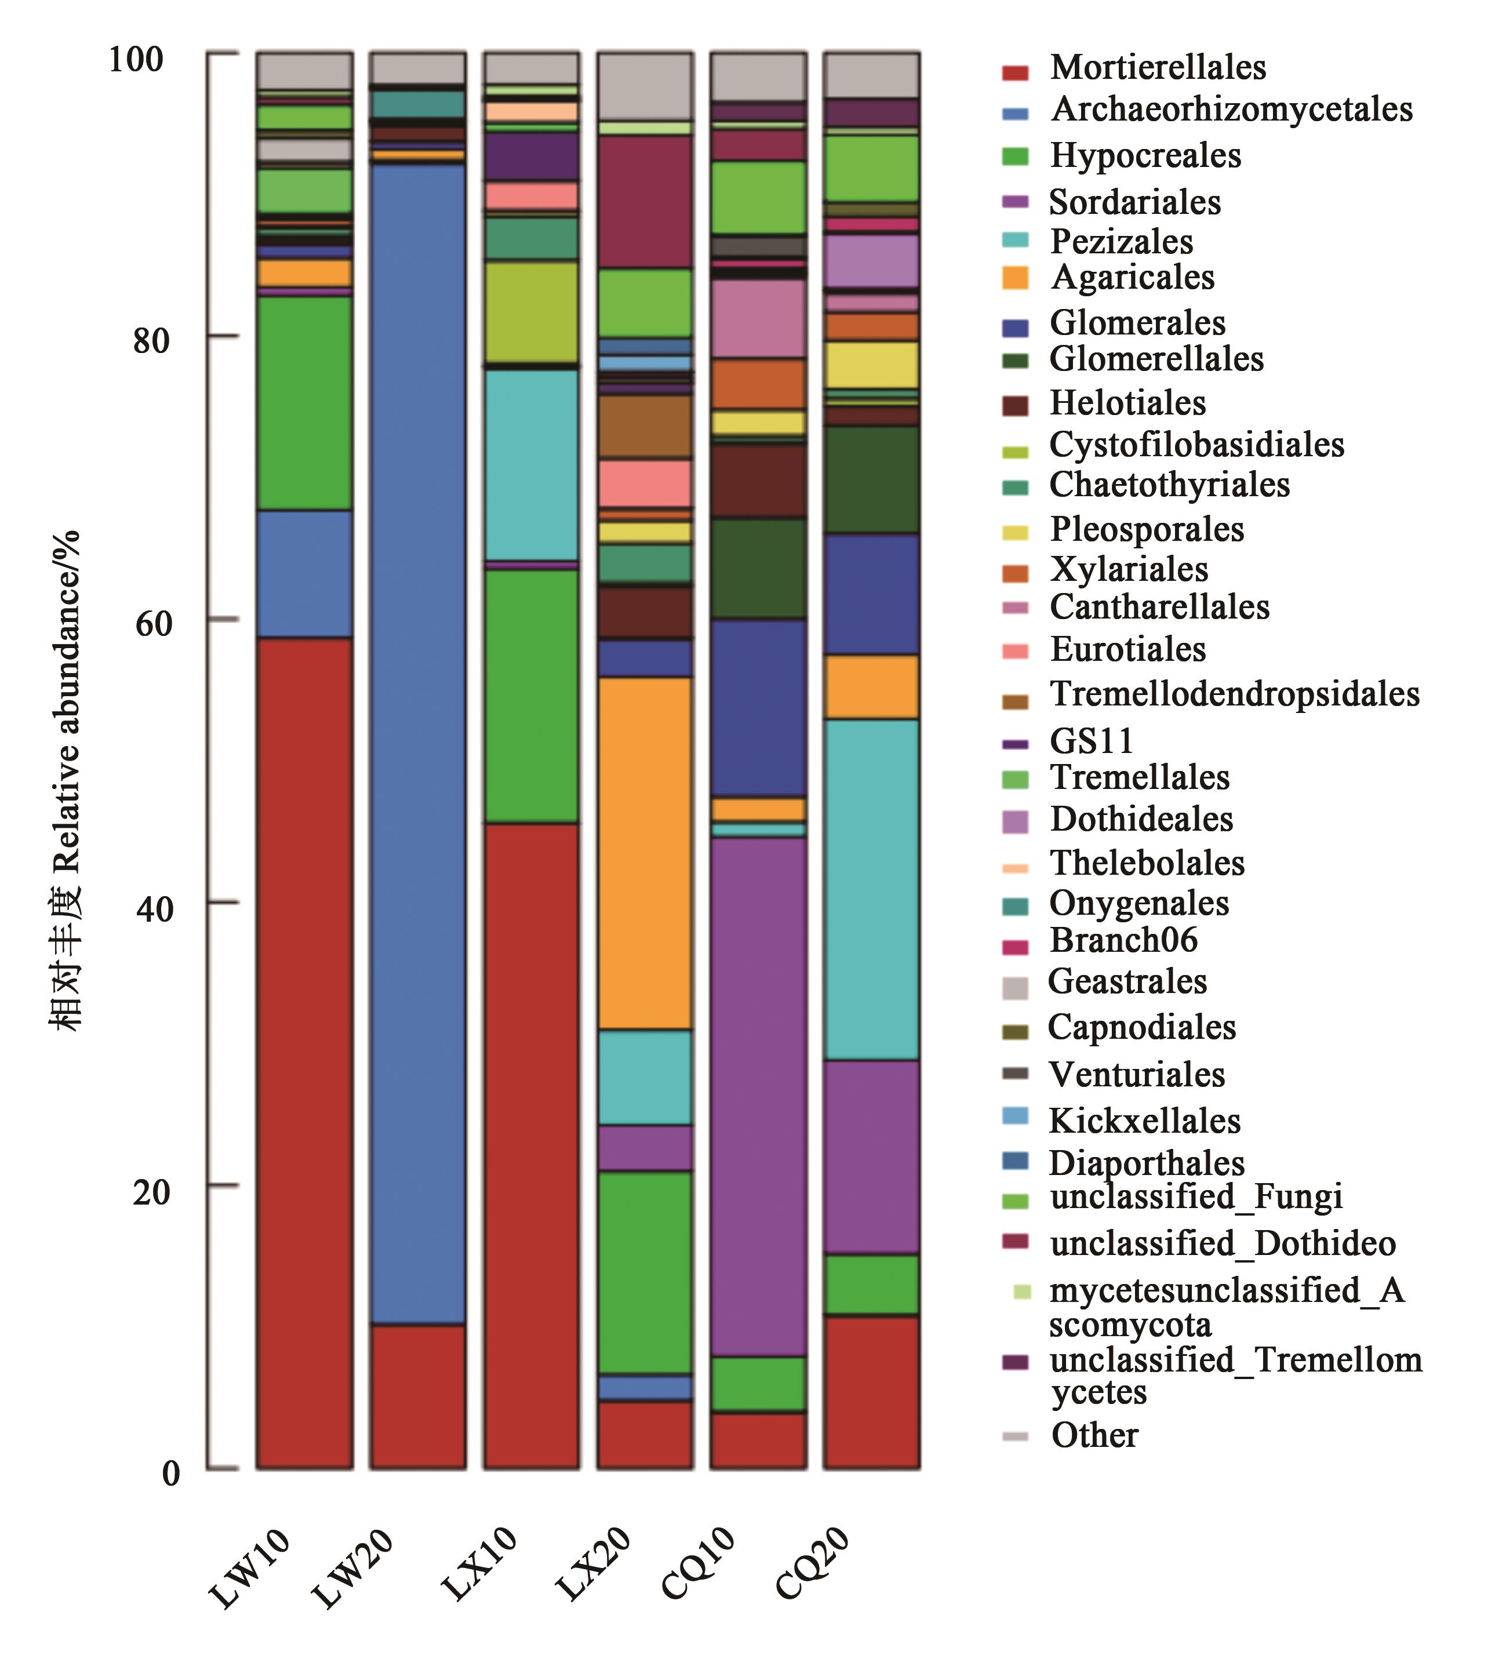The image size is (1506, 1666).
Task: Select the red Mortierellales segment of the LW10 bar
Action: coord(304,1050)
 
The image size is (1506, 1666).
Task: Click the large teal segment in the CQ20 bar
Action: coord(871,889)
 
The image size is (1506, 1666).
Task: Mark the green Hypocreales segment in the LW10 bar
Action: coord(304,402)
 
